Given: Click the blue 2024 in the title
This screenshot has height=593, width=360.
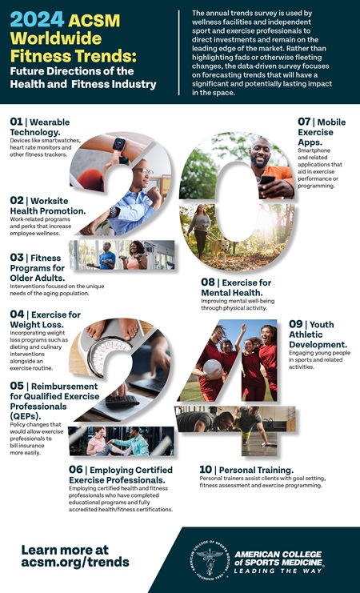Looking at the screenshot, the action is (x=37, y=20).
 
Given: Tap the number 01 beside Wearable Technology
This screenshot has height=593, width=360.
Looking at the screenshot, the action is (x=16, y=122).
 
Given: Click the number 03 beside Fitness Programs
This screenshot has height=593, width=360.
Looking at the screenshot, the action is (x=17, y=258).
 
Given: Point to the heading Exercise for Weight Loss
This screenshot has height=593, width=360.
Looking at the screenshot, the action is (x=46, y=319).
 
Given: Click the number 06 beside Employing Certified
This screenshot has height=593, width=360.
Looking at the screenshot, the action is (x=76, y=470).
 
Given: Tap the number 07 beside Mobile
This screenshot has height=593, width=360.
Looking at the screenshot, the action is (x=304, y=122).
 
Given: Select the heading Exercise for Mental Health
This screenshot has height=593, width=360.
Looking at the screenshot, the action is (x=236, y=287).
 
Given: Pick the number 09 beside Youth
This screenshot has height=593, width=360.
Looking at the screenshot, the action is (x=296, y=324).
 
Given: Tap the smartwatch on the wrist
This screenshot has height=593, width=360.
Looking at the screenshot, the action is (x=119, y=145).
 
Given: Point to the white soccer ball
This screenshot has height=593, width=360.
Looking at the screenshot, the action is (x=212, y=367).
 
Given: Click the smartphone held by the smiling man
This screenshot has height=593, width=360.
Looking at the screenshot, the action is (x=266, y=180).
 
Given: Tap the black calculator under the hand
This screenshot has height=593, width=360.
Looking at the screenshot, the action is (x=122, y=401).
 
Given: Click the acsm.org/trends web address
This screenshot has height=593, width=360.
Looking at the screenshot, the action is (x=75, y=562).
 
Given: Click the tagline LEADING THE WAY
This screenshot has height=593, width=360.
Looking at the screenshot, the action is (x=278, y=571).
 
